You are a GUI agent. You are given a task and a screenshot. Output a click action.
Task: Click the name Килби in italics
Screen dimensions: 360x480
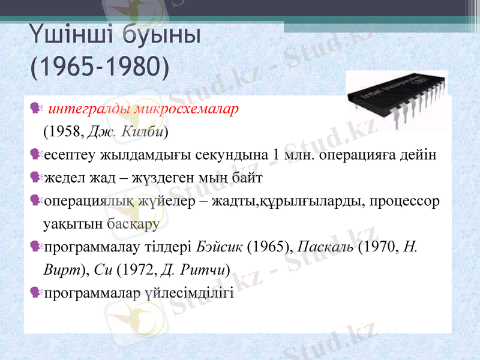(143, 131)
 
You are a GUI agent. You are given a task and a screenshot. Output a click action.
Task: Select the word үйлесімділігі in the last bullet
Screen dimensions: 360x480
(196, 293)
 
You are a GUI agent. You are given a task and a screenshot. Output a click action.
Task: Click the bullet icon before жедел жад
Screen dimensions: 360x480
(37, 178)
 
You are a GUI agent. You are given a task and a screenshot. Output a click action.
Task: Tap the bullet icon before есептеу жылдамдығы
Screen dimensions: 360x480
(37, 154)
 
